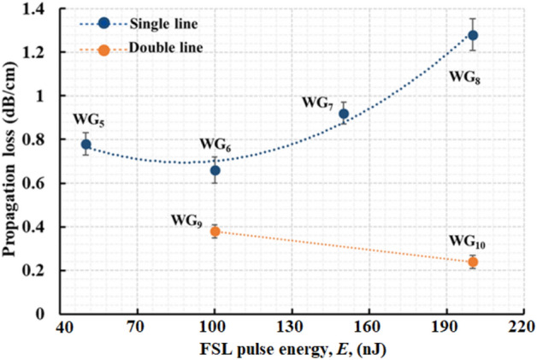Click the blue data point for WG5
click(86, 145)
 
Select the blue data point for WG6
click(215, 170)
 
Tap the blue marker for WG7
click(344, 114)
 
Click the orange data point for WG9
click(215, 231)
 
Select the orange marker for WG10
click(473, 262)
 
